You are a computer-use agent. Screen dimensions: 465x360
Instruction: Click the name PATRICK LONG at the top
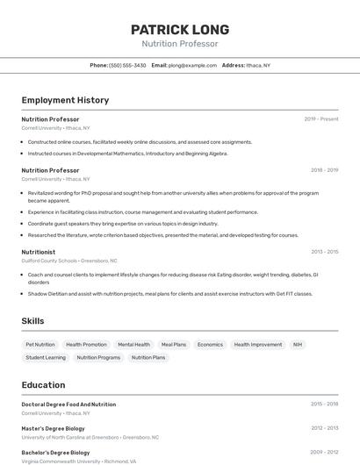pos(180,29)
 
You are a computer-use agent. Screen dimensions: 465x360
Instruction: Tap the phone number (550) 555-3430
pos(127,65)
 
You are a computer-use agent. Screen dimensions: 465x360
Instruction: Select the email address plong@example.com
pos(192,65)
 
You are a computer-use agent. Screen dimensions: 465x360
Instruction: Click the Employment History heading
pos(65,100)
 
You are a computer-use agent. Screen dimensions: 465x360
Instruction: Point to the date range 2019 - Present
pos(321,118)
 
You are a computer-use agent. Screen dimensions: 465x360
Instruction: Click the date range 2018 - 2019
pos(324,170)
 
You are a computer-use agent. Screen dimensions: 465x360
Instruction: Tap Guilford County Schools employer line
pos(69,261)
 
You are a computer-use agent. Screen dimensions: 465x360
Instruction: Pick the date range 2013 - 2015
pos(324,251)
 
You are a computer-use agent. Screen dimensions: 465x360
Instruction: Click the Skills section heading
pos(32,321)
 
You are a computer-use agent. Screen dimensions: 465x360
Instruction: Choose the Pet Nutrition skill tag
pos(40,345)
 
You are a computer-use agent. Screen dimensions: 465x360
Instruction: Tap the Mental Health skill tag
pos(133,345)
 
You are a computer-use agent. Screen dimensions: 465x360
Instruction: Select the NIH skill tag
pos(298,345)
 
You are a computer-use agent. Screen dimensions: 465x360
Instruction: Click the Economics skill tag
pos(210,345)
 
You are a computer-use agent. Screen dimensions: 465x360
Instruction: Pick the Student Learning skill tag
pos(46,357)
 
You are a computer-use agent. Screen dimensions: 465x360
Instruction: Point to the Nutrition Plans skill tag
pos(148,357)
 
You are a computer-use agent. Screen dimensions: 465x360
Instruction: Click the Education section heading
pos(43,384)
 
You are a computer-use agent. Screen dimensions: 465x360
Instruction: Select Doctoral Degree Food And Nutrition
pos(68,404)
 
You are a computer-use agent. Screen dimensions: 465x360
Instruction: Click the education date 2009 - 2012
pos(324,452)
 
